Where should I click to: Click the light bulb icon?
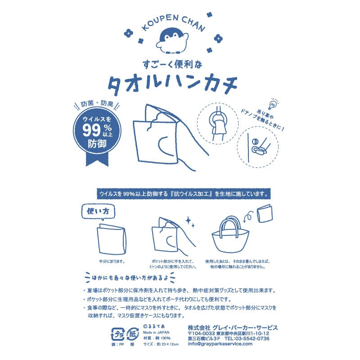click(x=273, y=104)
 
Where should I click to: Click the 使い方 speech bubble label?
click(x=98, y=211)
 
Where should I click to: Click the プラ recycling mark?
click(x=117, y=334)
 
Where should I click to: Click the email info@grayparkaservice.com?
click(x=220, y=344)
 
